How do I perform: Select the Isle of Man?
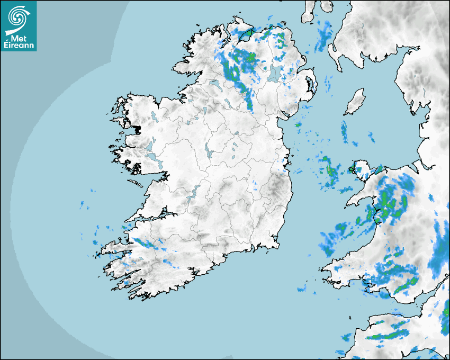[354, 102]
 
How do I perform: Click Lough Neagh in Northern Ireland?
[275, 74]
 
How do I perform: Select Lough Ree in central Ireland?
[208, 151]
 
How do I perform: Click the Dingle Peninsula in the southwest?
[114, 246]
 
